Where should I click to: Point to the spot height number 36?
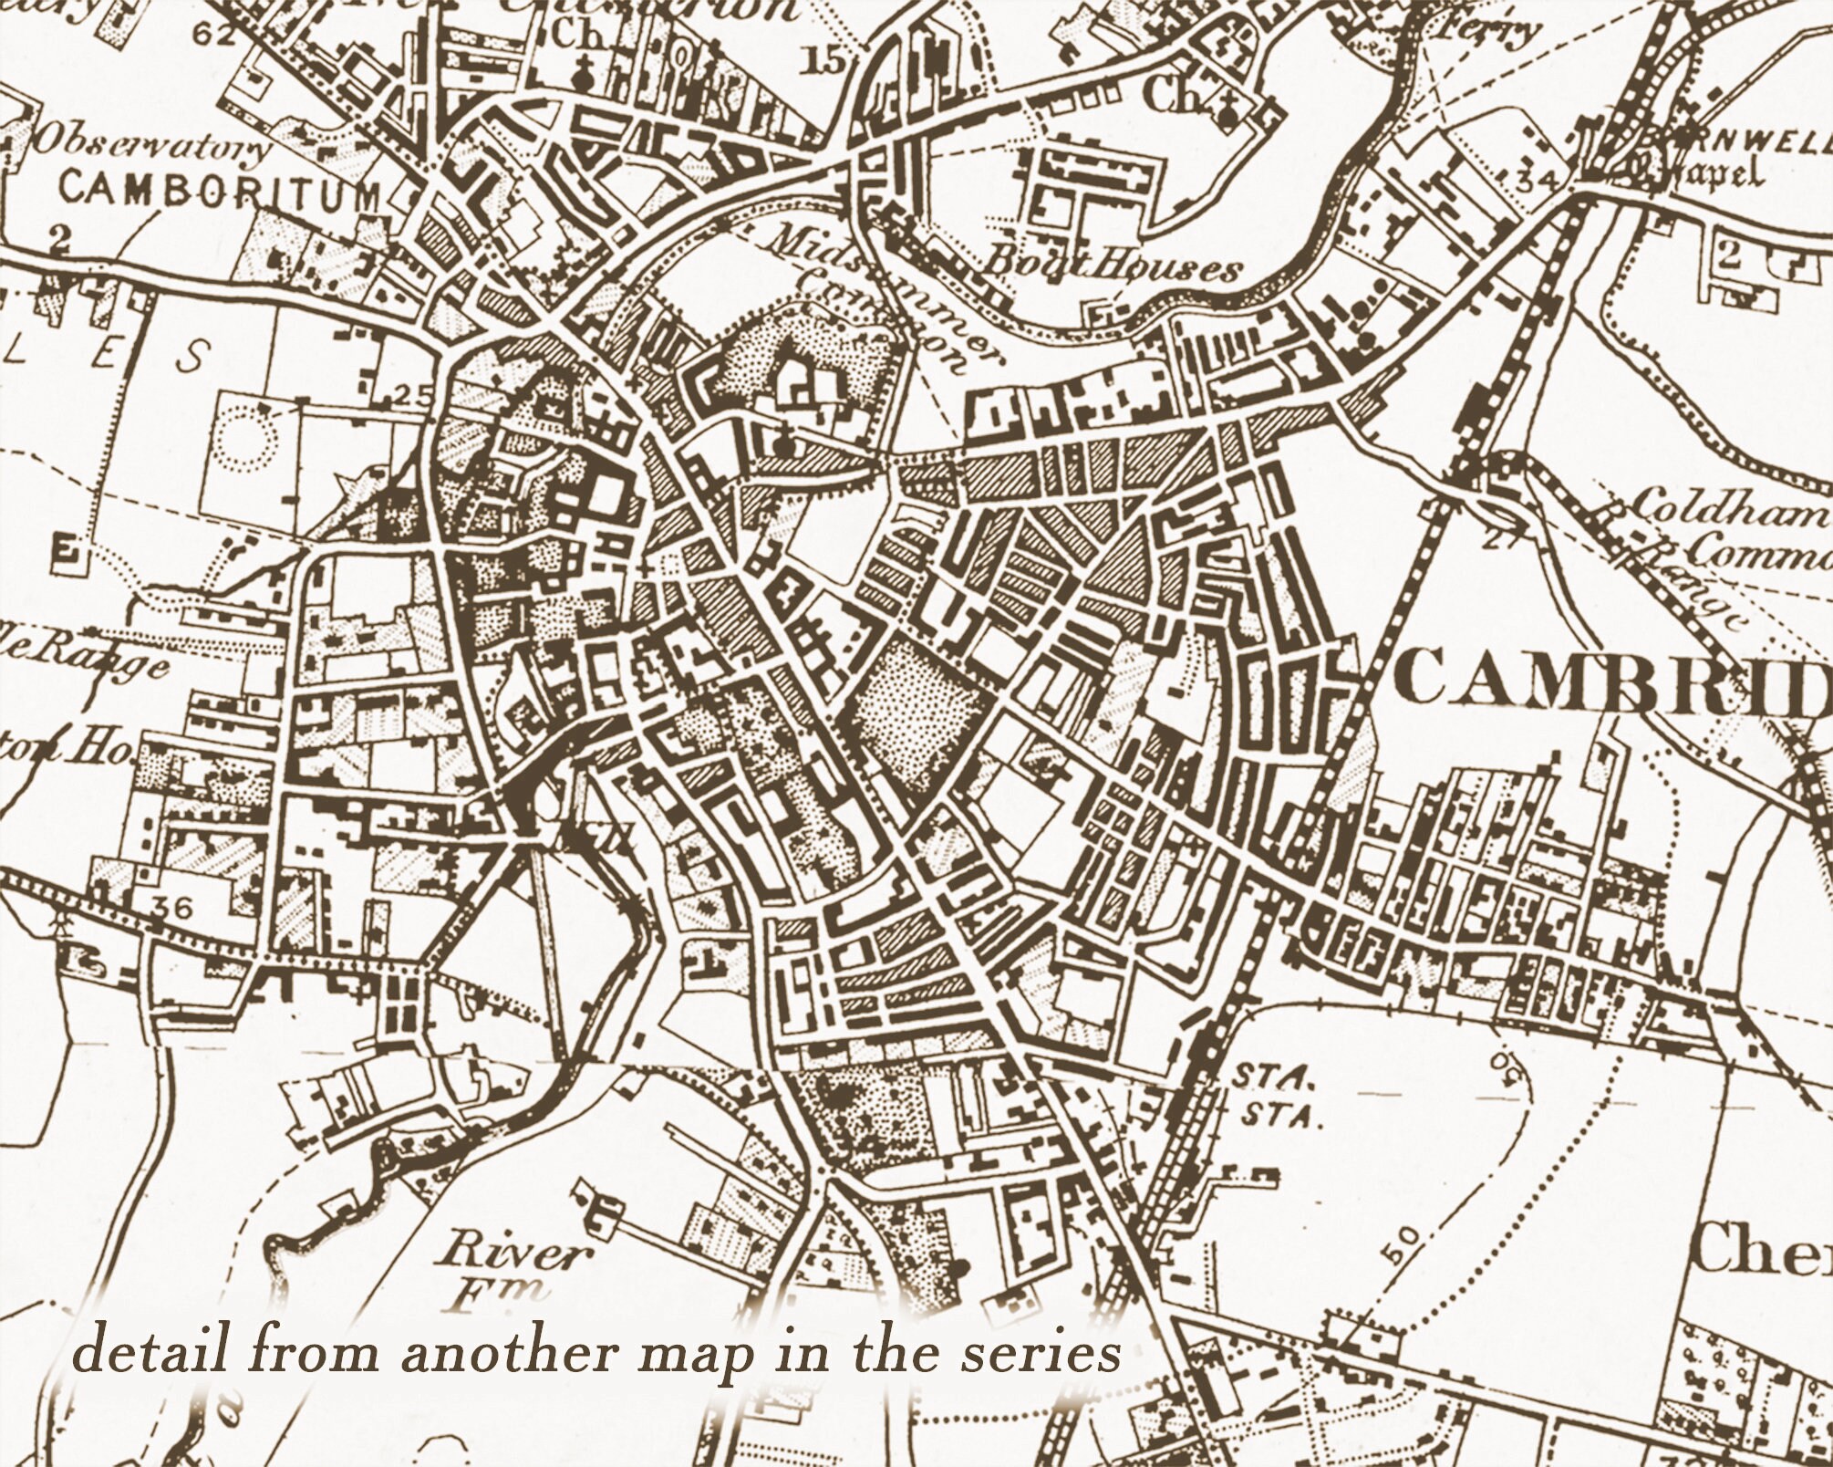point(173,907)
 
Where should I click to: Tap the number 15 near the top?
point(825,62)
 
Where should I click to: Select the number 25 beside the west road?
point(413,395)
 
